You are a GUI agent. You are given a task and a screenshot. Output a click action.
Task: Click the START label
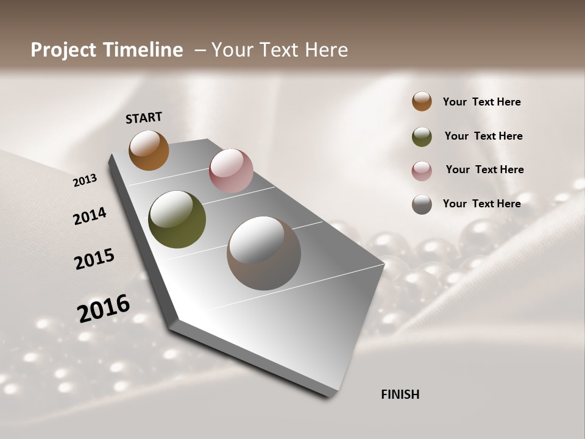tap(144, 118)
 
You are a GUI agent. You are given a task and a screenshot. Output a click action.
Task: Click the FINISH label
tap(400, 394)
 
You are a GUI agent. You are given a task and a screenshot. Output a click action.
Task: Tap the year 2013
tap(85, 180)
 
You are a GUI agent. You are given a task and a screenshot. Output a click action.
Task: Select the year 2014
tap(90, 216)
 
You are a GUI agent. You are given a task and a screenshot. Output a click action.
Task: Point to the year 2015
tap(94, 259)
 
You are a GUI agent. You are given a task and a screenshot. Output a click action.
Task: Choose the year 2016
tap(104, 308)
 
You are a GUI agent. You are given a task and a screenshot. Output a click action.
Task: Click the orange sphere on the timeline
tap(149, 150)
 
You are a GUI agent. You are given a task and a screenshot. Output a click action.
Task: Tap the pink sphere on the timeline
tap(231, 170)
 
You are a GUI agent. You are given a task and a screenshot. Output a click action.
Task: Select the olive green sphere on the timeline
tap(177, 220)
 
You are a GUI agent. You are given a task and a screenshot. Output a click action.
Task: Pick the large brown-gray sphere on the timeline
tap(264, 253)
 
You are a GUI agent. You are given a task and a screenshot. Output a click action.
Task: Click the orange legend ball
tap(422, 101)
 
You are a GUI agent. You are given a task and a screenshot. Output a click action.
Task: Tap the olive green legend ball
tap(422, 137)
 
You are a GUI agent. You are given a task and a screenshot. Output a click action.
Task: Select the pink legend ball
tap(422, 171)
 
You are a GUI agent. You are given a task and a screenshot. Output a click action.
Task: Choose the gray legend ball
tap(422, 204)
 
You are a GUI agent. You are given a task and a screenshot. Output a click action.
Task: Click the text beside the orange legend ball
tap(481, 102)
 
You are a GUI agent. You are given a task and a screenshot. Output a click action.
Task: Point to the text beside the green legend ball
tap(483, 136)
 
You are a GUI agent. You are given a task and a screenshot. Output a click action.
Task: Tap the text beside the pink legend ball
tap(484, 170)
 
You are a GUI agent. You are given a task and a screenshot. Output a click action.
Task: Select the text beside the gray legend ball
tap(481, 204)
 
